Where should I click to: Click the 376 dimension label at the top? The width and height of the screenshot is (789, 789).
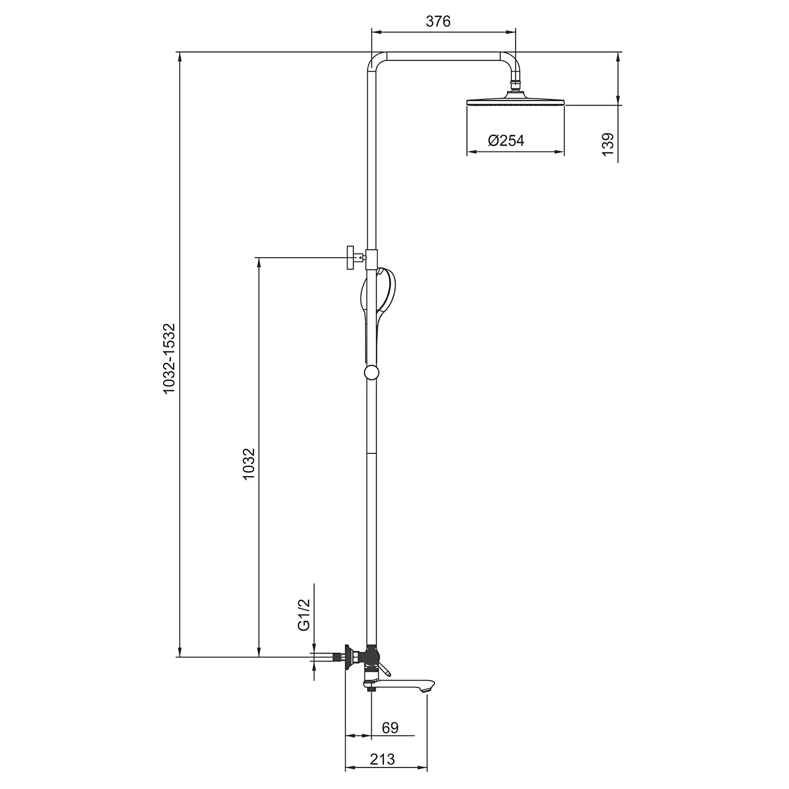click(438, 21)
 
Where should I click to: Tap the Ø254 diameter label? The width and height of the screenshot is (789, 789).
click(506, 140)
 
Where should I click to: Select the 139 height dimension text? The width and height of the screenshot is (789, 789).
click(608, 144)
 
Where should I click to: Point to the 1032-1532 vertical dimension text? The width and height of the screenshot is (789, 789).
click(168, 358)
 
